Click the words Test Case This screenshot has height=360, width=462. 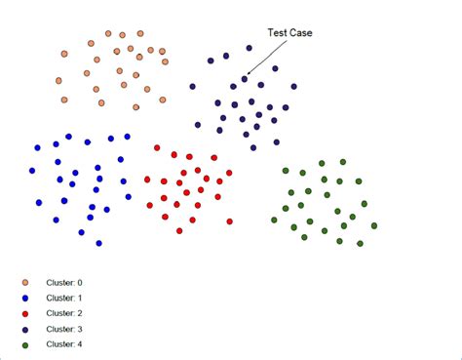(x=289, y=32)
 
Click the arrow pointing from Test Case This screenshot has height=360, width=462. (x=262, y=58)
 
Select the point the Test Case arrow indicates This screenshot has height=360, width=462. (x=245, y=79)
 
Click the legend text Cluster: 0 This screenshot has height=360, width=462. (x=65, y=283)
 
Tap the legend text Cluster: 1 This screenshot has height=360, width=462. (x=65, y=299)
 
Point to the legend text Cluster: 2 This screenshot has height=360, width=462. (x=65, y=313)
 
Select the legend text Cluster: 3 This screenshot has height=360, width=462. (x=65, y=329)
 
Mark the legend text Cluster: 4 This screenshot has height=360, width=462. (x=65, y=344)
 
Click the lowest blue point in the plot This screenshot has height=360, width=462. (x=99, y=243)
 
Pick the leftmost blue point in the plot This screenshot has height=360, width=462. (x=32, y=170)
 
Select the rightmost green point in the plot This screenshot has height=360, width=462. (x=374, y=225)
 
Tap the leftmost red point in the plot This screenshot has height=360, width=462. (x=146, y=180)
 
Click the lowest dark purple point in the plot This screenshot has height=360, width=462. (x=253, y=147)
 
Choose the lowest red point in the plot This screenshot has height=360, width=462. (x=180, y=231)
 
